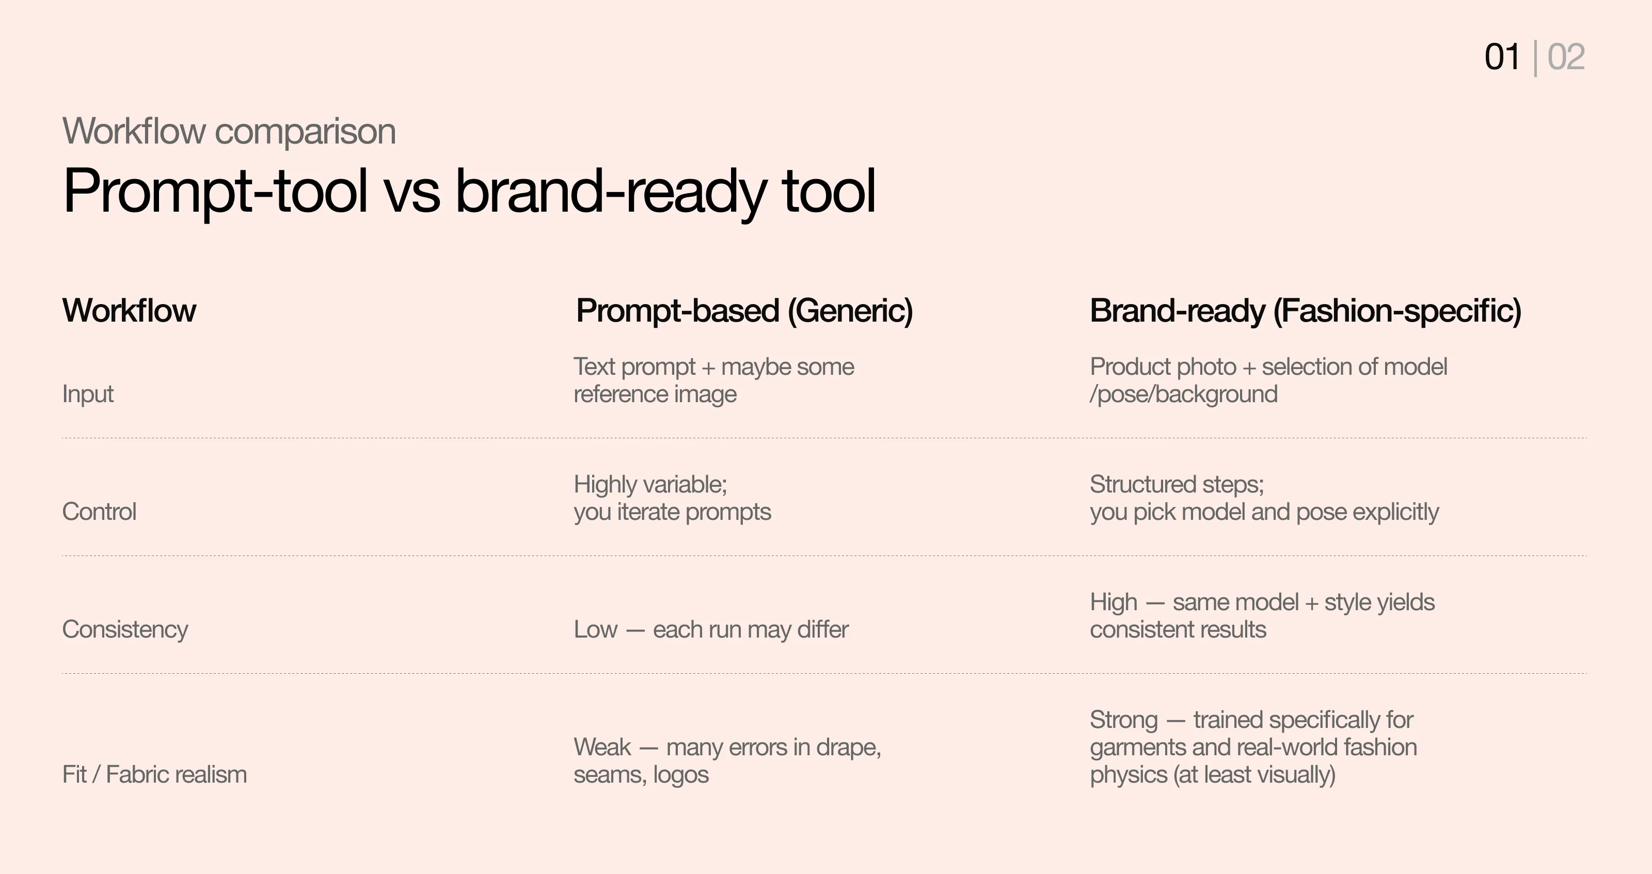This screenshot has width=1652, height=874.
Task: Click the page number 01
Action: point(1501,57)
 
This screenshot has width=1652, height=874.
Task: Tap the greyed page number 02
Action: point(1565,57)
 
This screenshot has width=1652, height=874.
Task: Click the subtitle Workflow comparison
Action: point(229,132)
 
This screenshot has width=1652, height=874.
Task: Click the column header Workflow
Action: point(129,311)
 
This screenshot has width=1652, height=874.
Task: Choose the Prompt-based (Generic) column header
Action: point(744,311)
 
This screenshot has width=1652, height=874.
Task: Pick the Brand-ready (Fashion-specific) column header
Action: point(1305,311)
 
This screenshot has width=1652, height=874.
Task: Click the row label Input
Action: point(88,394)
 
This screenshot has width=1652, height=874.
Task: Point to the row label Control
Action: point(100,512)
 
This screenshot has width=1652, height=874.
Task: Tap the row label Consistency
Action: point(125,630)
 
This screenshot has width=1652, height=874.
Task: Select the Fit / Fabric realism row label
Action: point(154,774)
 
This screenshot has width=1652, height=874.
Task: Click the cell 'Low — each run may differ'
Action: point(710,630)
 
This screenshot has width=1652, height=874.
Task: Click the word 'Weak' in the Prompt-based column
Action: point(602,747)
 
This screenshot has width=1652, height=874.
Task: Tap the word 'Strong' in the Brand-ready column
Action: point(1123,720)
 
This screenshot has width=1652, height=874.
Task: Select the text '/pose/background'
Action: point(1183,394)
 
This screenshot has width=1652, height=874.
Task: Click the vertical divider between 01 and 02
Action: point(1535,58)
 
